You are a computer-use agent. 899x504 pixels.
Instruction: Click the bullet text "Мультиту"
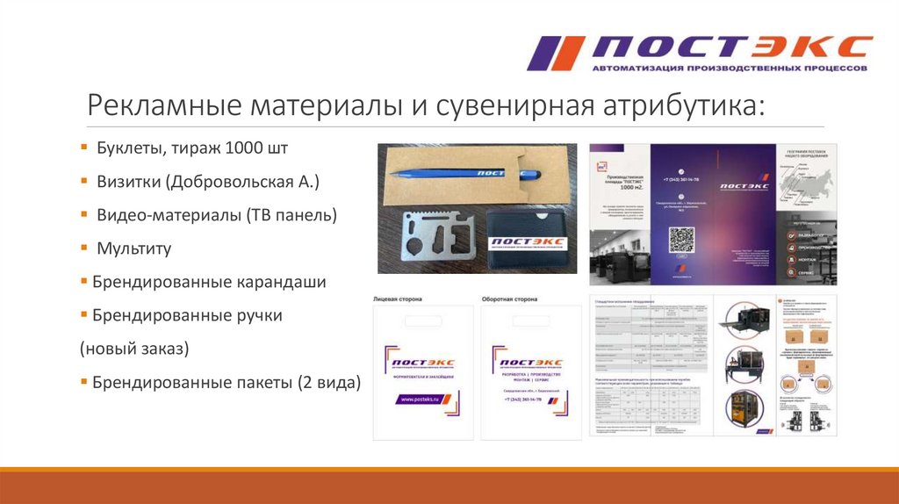pyautogui.click(x=133, y=248)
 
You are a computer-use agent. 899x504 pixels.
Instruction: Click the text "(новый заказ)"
pyautogui.click(x=135, y=349)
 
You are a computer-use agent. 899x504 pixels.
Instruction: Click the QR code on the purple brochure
pyautogui.click(x=682, y=240)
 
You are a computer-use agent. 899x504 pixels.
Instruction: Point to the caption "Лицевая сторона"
pyautogui.click(x=398, y=299)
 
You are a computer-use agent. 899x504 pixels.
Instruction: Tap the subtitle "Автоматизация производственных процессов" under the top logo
pyautogui.click(x=730, y=68)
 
